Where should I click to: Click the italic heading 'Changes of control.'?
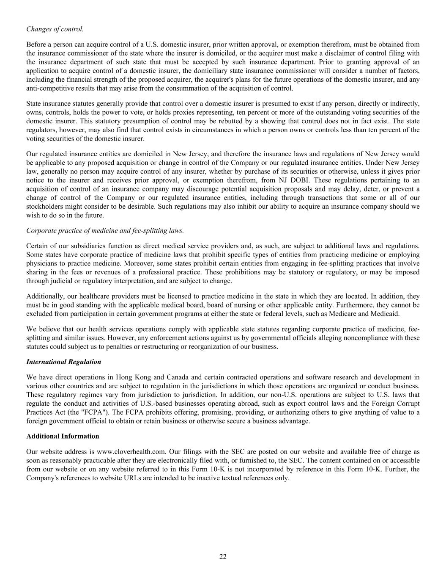click(x=55, y=29)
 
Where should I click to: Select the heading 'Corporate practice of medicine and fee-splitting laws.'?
click(x=105, y=231)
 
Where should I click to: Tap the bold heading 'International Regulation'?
click(x=63, y=362)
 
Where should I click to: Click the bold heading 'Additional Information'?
click(x=63, y=436)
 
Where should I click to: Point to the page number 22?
click(x=223, y=557)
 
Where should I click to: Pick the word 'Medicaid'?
click(x=386, y=314)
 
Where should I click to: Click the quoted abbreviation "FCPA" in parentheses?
click(x=97, y=412)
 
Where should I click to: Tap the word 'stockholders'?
click(x=44, y=207)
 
